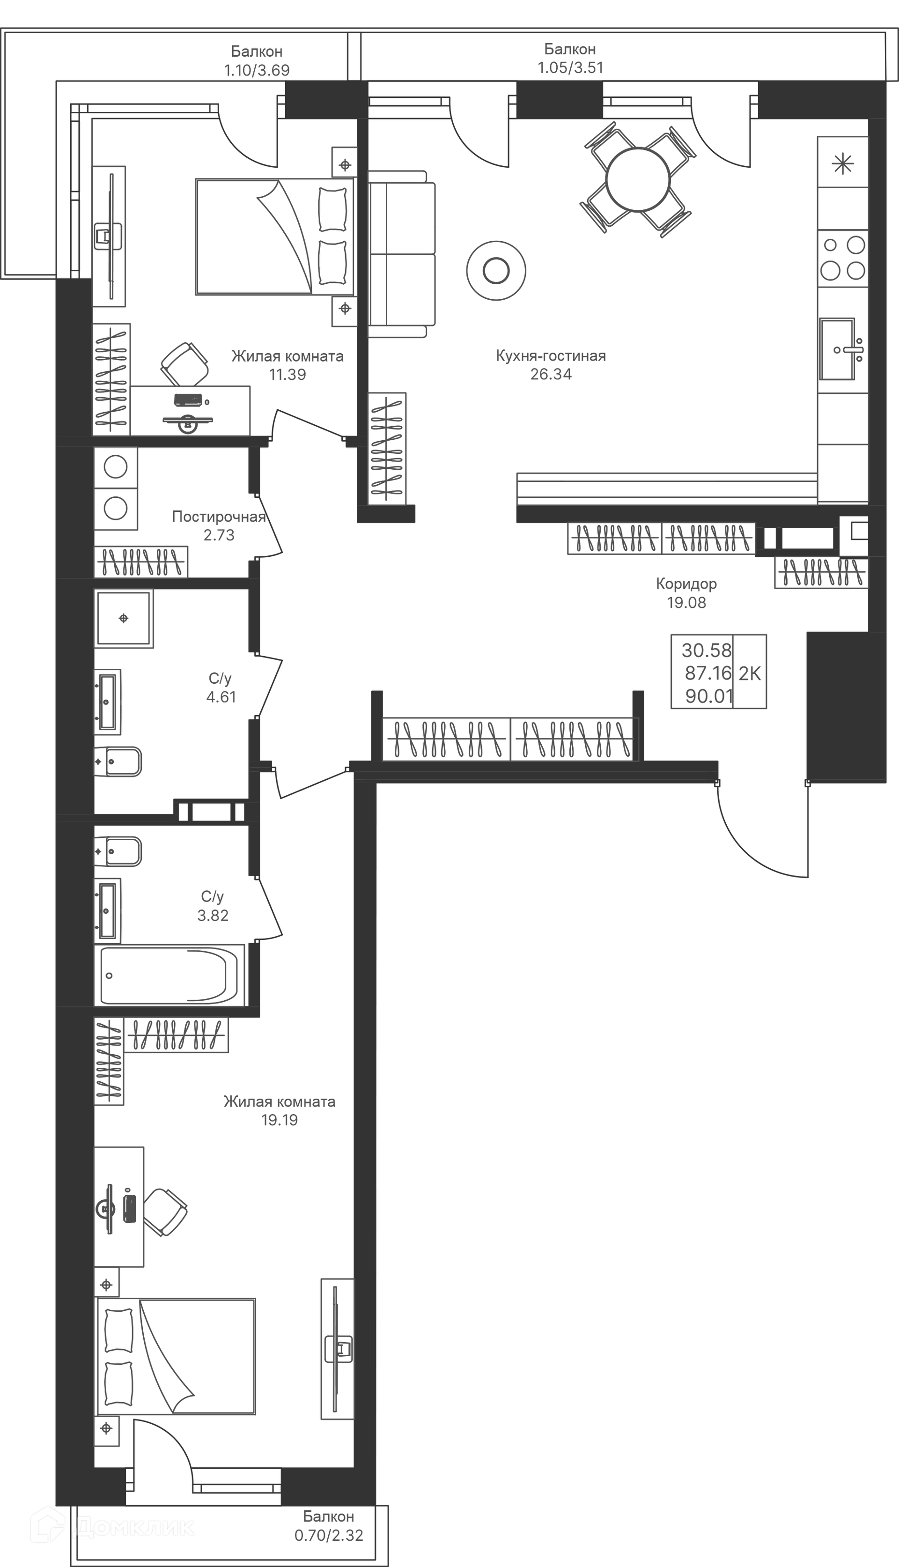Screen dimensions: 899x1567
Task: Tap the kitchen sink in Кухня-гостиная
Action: (837, 349)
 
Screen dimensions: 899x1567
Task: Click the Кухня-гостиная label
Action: (551, 355)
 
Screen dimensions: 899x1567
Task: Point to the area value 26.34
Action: (551, 374)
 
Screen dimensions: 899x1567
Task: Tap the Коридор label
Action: (686, 584)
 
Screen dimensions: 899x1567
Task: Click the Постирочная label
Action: (219, 517)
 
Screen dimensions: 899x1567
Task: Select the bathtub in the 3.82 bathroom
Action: (169, 976)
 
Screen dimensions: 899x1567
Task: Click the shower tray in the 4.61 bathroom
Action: (124, 618)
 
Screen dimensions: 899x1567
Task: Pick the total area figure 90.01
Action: (709, 696)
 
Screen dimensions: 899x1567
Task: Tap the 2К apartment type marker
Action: (750, 673)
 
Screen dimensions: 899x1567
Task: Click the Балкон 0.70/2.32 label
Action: (329, 1526)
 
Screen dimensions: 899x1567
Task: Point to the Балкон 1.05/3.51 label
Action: (570, 58)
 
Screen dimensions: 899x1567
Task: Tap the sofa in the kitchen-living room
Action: (401, 254)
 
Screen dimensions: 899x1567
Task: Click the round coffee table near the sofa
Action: (496, 270)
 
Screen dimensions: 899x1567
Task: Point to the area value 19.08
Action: (686, 603)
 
